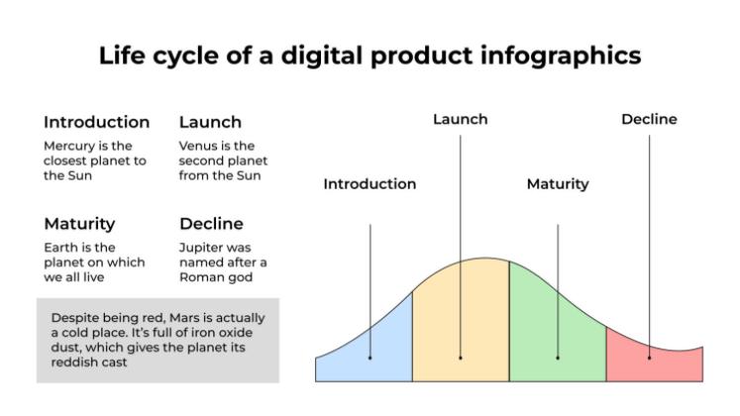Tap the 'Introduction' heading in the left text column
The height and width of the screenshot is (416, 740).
(96, 123)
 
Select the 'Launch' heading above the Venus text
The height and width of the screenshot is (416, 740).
(210, 123)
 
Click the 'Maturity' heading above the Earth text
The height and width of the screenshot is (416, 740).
(79, 224)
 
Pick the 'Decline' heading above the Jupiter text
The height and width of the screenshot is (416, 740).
(211, 224)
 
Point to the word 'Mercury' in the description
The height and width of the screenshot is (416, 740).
(69, 146)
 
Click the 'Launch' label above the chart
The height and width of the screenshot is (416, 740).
(461, 120)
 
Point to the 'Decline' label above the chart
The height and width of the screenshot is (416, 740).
(649, 120)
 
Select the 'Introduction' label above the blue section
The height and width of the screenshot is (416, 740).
(370, 184)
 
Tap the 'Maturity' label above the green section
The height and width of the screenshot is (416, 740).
(557, 184)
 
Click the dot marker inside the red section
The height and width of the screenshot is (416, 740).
(650, 357)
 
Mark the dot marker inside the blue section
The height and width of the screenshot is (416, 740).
(370, 357)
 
